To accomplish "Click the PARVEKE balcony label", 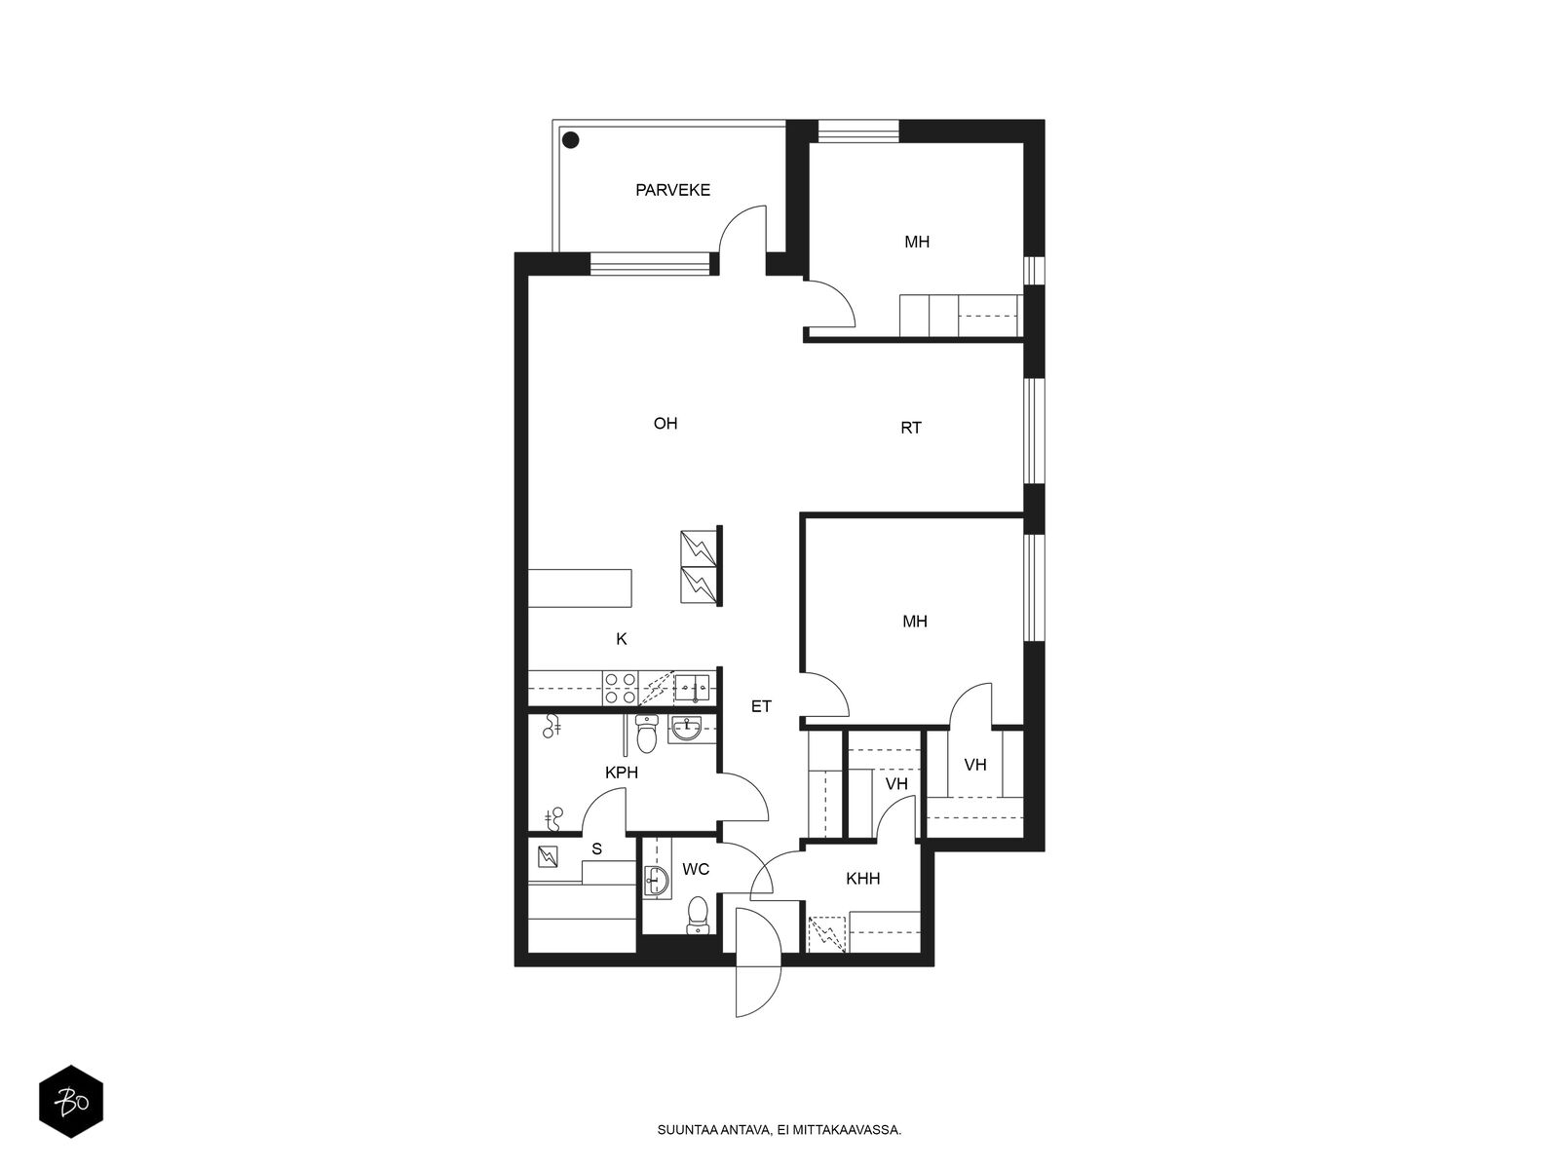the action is [672, 190].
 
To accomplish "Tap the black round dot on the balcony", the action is [570, 140].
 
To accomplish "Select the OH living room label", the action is [665, 424].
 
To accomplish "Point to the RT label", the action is [910, 428].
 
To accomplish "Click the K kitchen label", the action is [621, 639].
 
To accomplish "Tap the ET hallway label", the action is [761, 706].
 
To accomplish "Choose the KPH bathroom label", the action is [621, 773].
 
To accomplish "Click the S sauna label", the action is [596, 848].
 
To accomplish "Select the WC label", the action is [696, 870].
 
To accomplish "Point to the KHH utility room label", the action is [863, 879].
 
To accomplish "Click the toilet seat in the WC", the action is [698, 915].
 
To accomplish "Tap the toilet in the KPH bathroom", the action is [646, 734].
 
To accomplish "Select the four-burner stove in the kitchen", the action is [620, 689].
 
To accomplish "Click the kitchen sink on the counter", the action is [691, 689].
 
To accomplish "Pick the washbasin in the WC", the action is [657, 882].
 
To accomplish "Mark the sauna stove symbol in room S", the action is [548, 857].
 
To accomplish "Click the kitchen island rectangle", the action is [580, 587].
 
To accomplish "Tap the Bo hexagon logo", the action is [71, 1102].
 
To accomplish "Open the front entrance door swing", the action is [758, 962].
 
